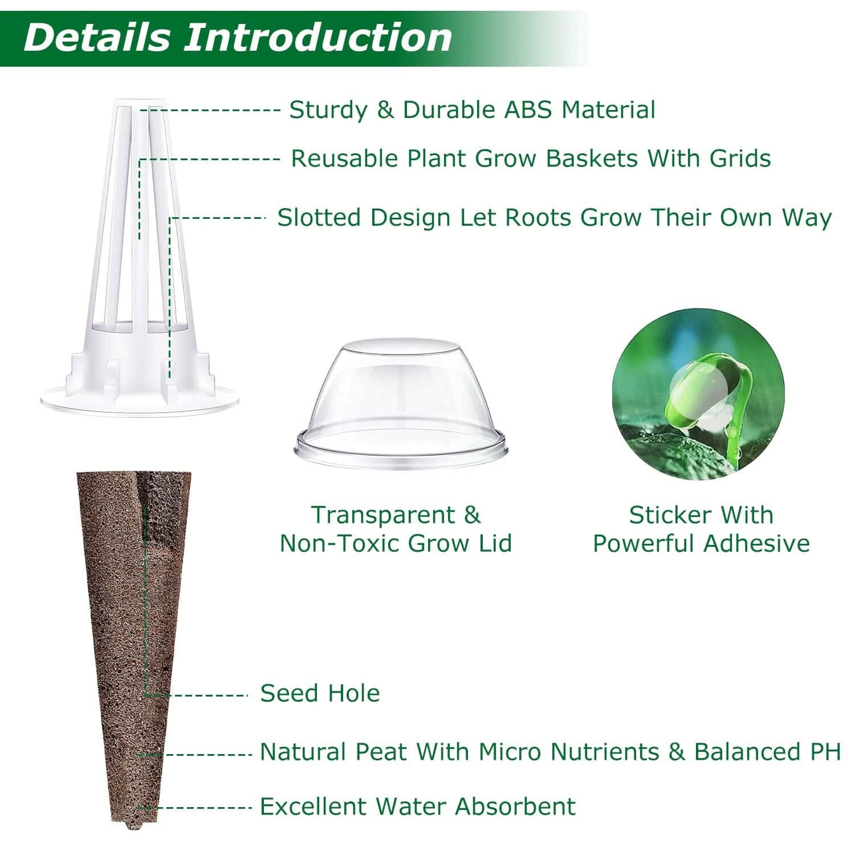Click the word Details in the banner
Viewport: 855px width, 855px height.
[97, 37]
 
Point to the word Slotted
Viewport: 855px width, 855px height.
[319, 217]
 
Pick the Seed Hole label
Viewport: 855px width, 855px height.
[320, 693]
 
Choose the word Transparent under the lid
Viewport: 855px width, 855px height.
[382, 515]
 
